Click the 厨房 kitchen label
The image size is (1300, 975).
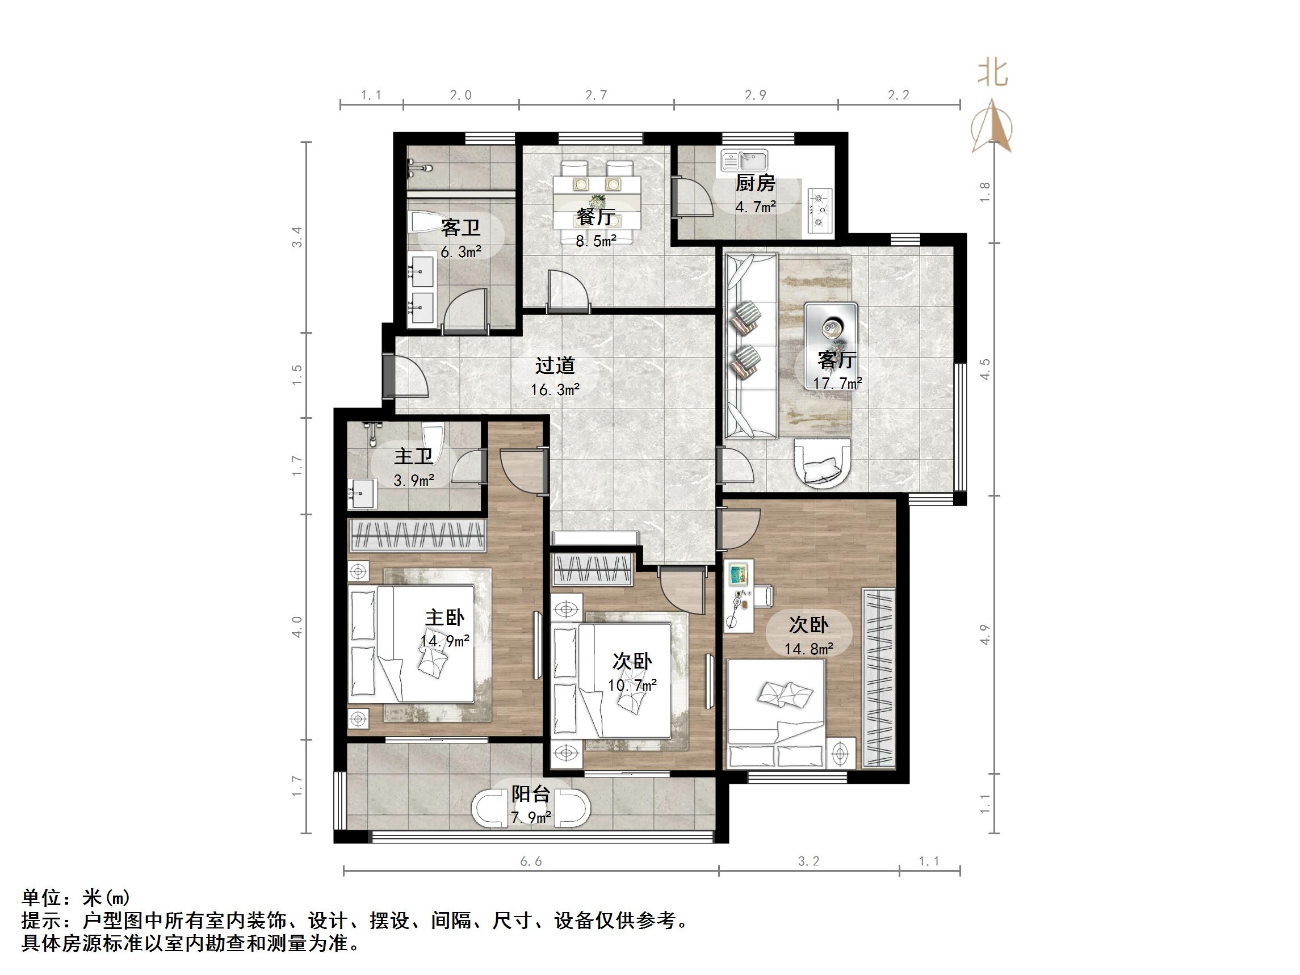pyautogui.click(x=755, y=183)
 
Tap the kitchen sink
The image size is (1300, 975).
pyautogui.click(x=744, y=160)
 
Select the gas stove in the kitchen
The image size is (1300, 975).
pyautogui.click(x=821, y=209)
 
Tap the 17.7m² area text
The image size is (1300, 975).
pyautogui.click(x=837, y=383)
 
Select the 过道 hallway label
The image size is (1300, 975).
pyautogui.click(x=555, y=365)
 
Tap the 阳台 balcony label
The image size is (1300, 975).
pyautogui.click(x=530, y=794)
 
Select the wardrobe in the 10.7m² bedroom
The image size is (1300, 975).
pyautogui.click(x=593, y=569)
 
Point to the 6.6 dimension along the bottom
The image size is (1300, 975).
pyautogui.click(x=531, y=861)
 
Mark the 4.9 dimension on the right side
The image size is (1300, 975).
pyautogui.click(x=986, y=634)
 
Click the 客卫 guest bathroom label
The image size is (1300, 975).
pyautogui.click(x=461, y=228)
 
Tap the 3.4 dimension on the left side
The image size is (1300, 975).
pyautogui.click(x=297, y=237)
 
